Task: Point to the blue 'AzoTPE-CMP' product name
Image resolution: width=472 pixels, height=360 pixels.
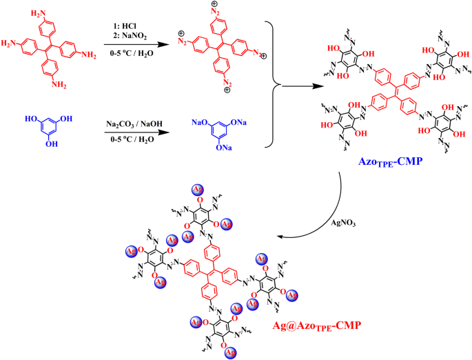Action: pyautogui.click(x=390, y=160)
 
